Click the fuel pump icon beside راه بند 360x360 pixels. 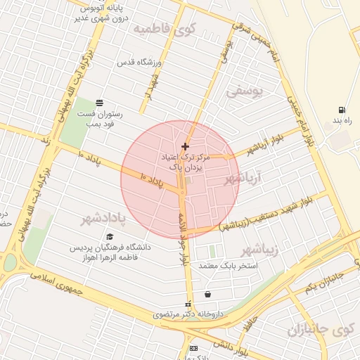coord(342,110)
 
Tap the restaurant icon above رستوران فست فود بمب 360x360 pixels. coord(98,103)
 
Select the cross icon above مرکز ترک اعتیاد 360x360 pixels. coord(185,146)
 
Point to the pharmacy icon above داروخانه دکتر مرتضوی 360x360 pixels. coord(187,304)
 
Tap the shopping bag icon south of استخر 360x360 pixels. coord(207,294)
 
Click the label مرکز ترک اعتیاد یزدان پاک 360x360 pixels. coord(185,162)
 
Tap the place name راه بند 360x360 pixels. coord(342,122)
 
